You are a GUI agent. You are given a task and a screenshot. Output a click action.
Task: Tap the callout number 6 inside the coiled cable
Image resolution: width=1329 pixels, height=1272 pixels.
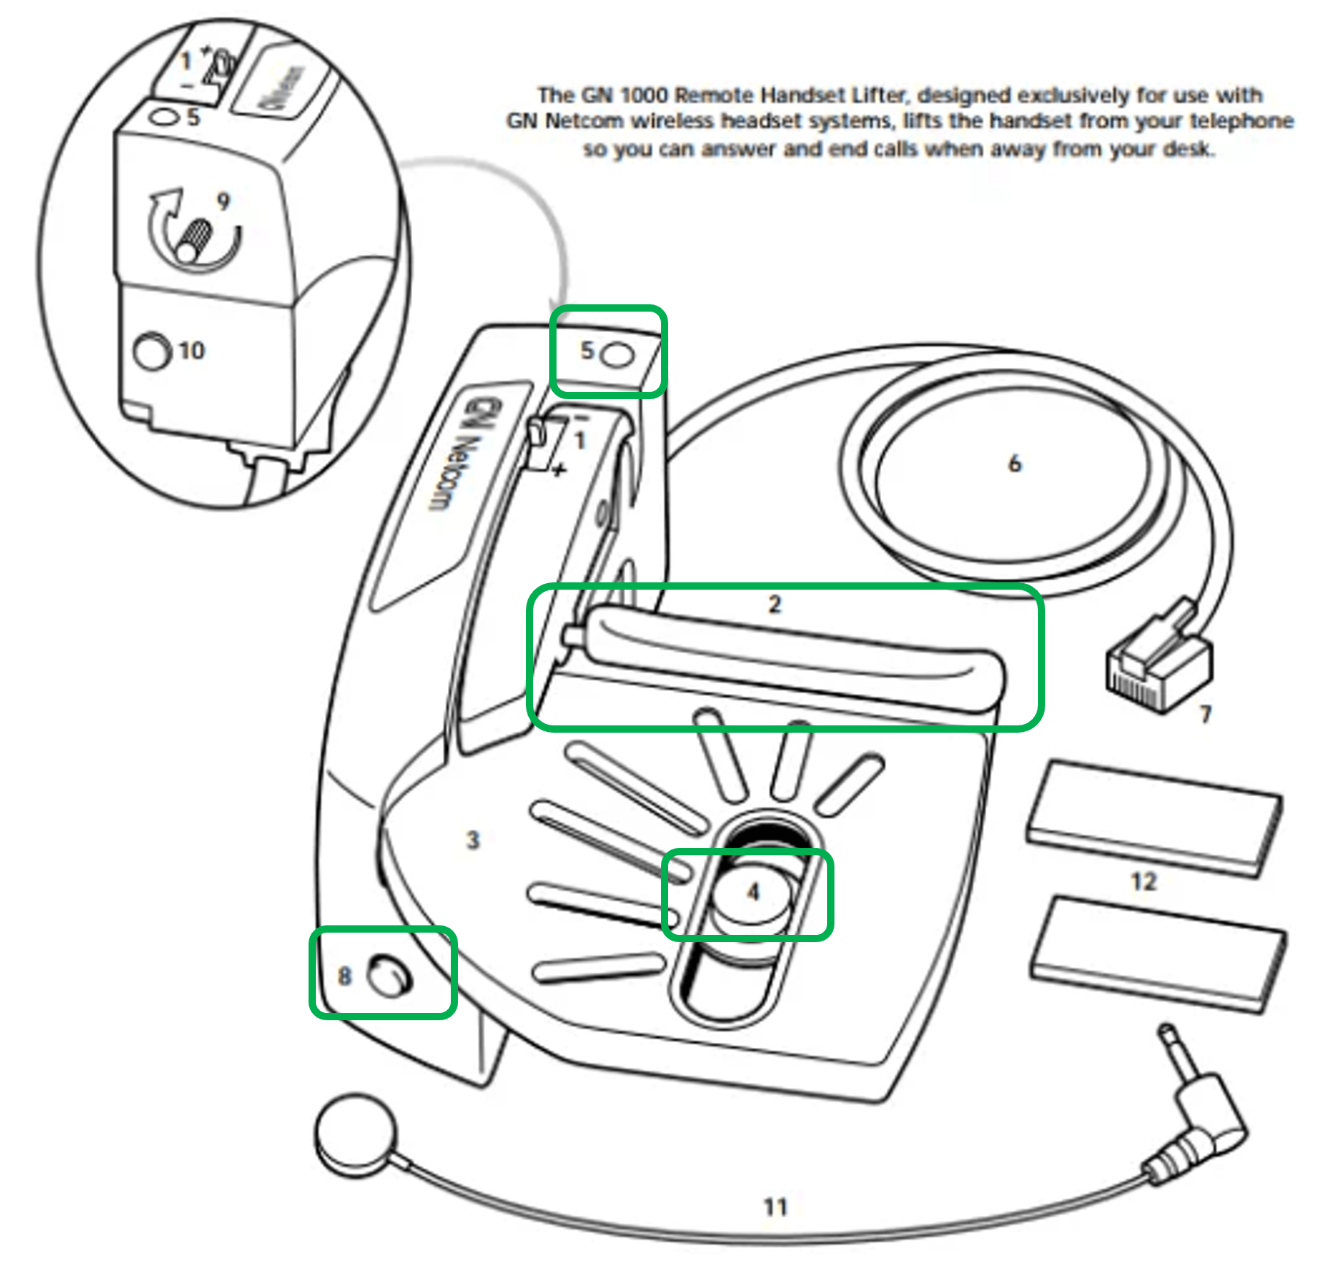click(1014, 463)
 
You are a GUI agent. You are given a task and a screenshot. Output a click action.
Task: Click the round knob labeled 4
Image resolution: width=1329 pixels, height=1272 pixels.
click(751, 894)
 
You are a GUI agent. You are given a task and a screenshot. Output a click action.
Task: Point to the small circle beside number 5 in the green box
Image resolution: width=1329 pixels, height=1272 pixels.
click(620, 355)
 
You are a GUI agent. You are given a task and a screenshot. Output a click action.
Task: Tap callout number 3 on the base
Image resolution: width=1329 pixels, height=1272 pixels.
click(473, 840)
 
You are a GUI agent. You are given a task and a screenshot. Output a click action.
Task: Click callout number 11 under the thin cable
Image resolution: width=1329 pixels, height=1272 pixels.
click(775, 1207)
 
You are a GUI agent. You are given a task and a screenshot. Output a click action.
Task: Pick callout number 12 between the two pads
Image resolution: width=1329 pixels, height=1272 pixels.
click(1143, 882)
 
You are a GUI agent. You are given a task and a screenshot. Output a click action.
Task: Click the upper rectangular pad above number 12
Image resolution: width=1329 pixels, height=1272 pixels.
click(1152, 817)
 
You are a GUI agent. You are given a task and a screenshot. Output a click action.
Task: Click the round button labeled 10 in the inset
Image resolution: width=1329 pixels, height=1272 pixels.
click(151, 352)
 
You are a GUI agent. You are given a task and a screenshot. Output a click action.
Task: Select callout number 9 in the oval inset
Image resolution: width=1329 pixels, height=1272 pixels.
click(223, 201)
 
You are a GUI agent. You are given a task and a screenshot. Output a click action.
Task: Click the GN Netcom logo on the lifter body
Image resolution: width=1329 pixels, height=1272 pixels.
click(452, 452)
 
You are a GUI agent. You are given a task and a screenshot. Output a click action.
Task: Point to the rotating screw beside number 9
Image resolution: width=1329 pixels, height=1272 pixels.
click(194, 241)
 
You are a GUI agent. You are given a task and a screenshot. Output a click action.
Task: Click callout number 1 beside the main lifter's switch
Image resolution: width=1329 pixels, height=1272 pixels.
click(580, 440)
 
